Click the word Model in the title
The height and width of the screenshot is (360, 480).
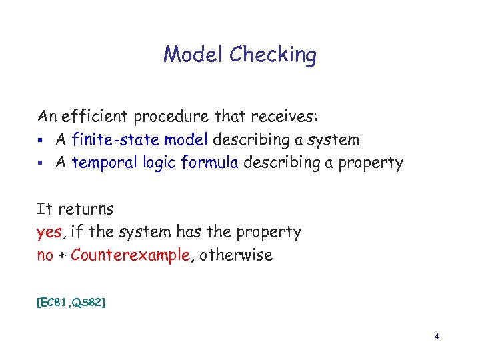[x=193, y=54]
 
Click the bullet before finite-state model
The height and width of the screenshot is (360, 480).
[x=41, y=141]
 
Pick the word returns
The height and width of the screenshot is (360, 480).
[x=85, y=209]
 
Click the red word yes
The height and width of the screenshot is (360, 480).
[x=49, y=233]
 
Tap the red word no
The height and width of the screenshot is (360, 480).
[x=45, y=255]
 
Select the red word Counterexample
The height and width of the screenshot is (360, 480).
[x=131, y=255]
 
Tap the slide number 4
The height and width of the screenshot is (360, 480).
[x=437, y=337]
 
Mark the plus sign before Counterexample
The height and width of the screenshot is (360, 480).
[x=62, y=256]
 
